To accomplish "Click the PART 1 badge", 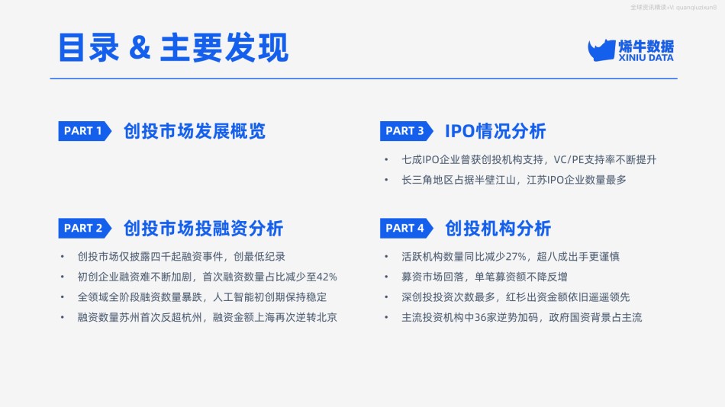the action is coord(85,131).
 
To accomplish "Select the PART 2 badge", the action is coord(85,228).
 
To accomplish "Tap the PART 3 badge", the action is coord(407,131).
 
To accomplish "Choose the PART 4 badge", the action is coord(407,228).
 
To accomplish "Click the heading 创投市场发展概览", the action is coord(195,131).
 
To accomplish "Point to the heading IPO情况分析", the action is coord(495,131).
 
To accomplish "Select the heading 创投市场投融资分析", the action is coord(204,228).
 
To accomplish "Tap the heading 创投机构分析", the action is coord(498,228).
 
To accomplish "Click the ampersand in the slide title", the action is coord(140,47).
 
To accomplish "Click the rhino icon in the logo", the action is coord(601,50).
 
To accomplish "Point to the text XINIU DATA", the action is coord(646,58).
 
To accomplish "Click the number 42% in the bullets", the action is coord(327,277).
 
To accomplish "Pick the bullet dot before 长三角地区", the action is coord(386,180).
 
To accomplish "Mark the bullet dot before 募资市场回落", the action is coord(386,277).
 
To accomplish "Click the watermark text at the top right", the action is coord(673,8).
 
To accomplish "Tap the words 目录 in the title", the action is coord(89,47).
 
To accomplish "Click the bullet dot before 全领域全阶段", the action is coord(63,297).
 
